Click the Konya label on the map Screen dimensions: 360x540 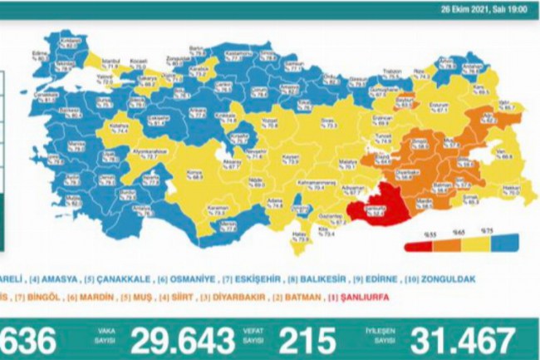point(199,173)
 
